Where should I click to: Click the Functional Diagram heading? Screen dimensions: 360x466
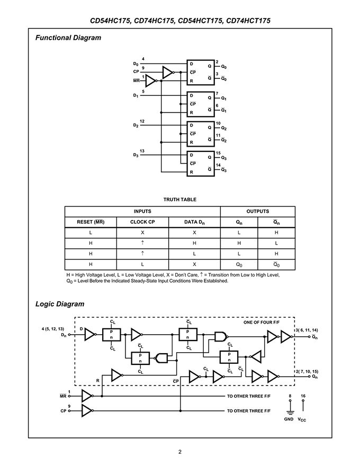[68, 38]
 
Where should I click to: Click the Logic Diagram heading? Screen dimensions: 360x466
[60, 304]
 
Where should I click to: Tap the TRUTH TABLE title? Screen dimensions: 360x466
[179, 200]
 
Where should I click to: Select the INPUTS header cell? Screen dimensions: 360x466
[142, 211]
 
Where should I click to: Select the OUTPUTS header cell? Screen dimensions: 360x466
[257, 211]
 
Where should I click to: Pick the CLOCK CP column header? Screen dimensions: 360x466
[142, 222]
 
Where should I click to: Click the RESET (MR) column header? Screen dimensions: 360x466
[91, 222]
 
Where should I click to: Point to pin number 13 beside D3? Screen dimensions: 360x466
[142, 151]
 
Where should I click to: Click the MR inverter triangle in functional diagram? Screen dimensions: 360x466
[151, 81]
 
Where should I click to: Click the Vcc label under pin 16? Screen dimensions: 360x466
[302, 419]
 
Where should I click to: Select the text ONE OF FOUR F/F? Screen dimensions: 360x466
[262, 322]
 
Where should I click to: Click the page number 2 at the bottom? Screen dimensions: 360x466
[179, 452]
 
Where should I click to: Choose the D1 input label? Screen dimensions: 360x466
[136, 96]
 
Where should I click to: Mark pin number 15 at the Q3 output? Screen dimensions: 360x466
[218, 153]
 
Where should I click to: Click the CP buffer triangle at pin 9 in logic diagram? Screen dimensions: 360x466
[87, 411]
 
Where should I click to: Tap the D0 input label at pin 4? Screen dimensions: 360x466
[136, 64]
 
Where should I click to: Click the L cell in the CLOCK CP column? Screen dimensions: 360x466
[142, 264]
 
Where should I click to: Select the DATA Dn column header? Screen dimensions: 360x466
[194, 222]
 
